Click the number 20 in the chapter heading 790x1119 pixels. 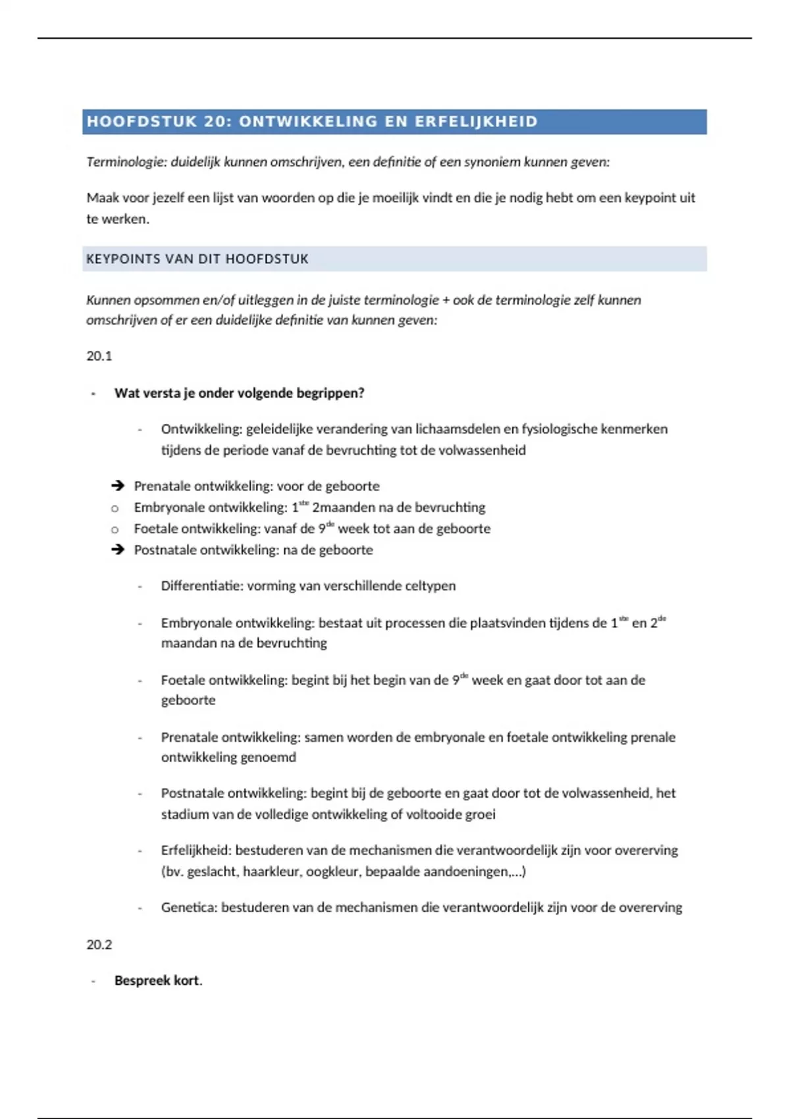pos(215,122)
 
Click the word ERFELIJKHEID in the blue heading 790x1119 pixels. pos(476,122)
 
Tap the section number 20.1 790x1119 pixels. pos(99,356)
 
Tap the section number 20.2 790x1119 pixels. pos(99,945)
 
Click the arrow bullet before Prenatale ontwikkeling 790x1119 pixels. pos(118,486)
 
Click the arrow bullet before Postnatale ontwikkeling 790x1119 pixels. pos(118,550)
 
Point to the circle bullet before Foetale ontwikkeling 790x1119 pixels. pos(115,529)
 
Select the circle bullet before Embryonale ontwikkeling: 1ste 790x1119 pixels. pos(115,508)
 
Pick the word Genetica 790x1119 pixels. pos(188,908)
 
